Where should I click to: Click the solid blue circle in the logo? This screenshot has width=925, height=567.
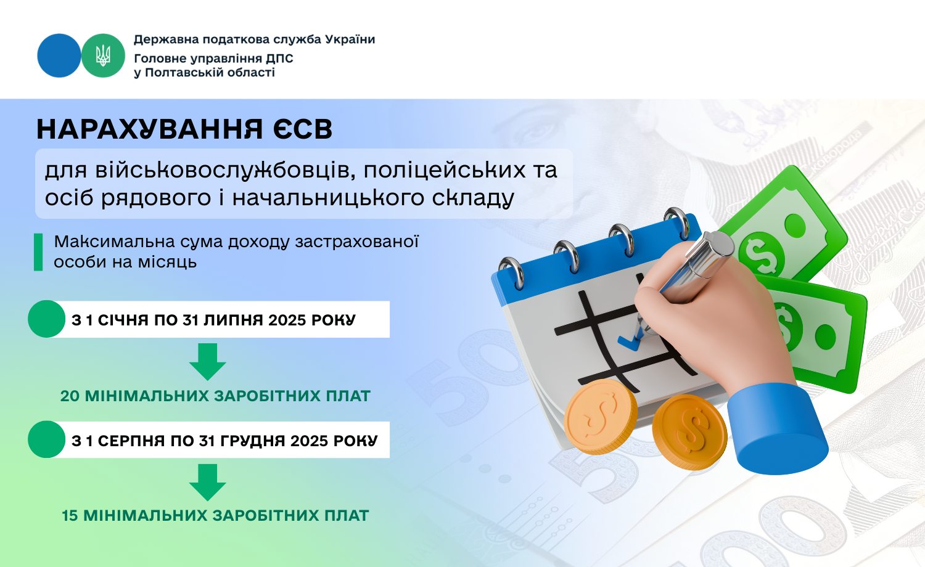[59, 55]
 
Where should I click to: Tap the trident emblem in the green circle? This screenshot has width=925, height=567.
[103, 55]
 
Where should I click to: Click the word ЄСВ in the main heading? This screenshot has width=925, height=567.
[302, 129]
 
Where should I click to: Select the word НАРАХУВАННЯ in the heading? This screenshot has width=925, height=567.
[149, 129]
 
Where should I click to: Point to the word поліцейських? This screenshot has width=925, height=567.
[445, 171]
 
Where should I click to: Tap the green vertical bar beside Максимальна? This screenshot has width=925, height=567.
[38, 252]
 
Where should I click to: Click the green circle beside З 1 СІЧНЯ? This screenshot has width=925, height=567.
[47, 319]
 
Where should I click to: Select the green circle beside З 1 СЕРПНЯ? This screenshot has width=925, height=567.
[47, 439]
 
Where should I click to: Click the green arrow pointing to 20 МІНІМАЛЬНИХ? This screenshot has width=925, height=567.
[208, 362]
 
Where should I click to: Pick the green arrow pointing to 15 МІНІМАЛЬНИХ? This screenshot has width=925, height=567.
[208, 482]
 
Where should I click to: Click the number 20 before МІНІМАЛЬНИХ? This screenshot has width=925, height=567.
[70, 396]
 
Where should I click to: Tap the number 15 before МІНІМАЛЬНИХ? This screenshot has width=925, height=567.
[70, 516]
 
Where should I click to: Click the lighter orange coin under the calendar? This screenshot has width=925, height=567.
[601, 417]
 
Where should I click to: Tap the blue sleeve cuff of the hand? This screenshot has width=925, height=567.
[777, 429]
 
